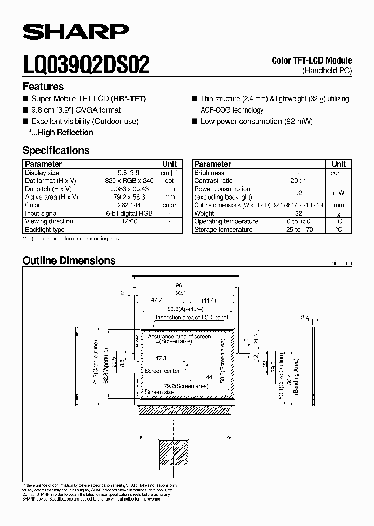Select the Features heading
[43, 87]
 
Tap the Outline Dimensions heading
[69, 260]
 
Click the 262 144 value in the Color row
[129, 205]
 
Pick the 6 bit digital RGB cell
[129, 214]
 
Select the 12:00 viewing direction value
[129, 221]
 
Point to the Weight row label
[204, 214]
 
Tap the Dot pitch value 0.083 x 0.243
[129, 189]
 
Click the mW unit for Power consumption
[339, 193]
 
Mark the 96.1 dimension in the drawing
[181, 285]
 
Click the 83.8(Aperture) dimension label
[181, 309]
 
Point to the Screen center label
[163, 371]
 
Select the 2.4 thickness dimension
[305, 317]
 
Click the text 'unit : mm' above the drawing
[340, 264]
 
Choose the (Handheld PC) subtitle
[327, 70]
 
